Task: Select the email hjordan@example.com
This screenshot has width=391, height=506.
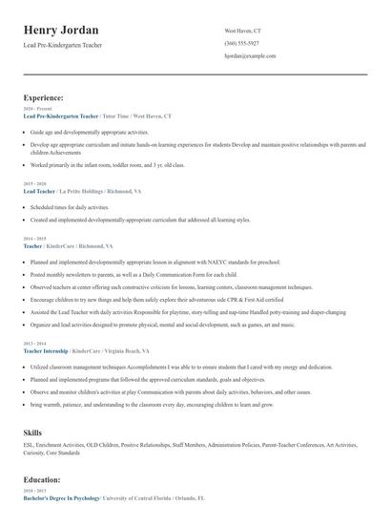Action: click(250, 56)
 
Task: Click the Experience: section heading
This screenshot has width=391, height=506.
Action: click(44, 97)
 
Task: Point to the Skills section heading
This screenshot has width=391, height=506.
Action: click(33, 433)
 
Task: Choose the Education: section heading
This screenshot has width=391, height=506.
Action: click(43, 480)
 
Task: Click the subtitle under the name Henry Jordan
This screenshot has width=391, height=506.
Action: click(63, 45)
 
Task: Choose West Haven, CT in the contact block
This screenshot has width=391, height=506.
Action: click(242, 31)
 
